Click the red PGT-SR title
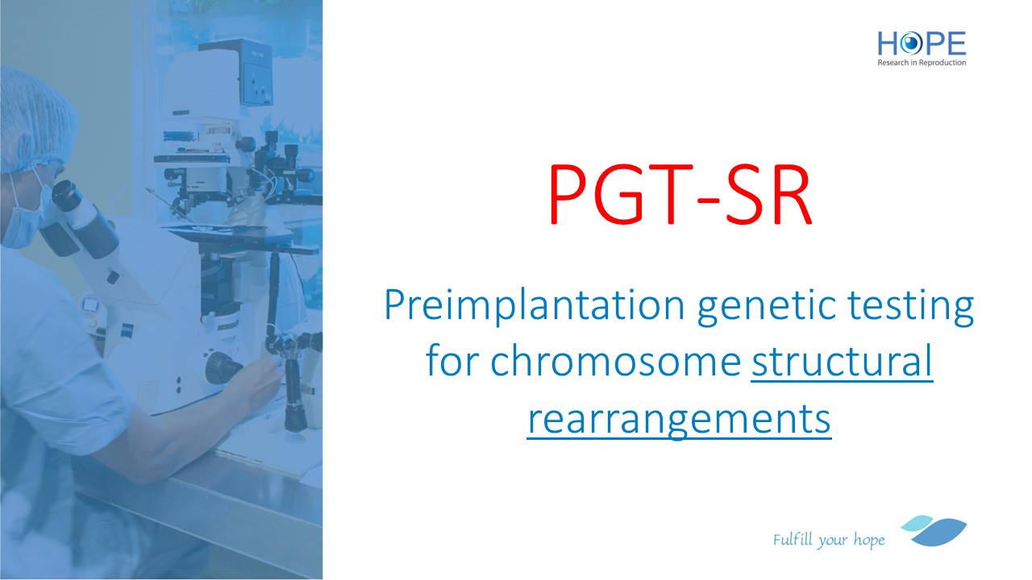[x=680, y=194]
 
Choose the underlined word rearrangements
[x=679, y=420]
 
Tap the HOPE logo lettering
[x=922, y=43]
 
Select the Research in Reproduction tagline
[x=922, y=63]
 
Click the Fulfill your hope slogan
[x=829, y=540]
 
